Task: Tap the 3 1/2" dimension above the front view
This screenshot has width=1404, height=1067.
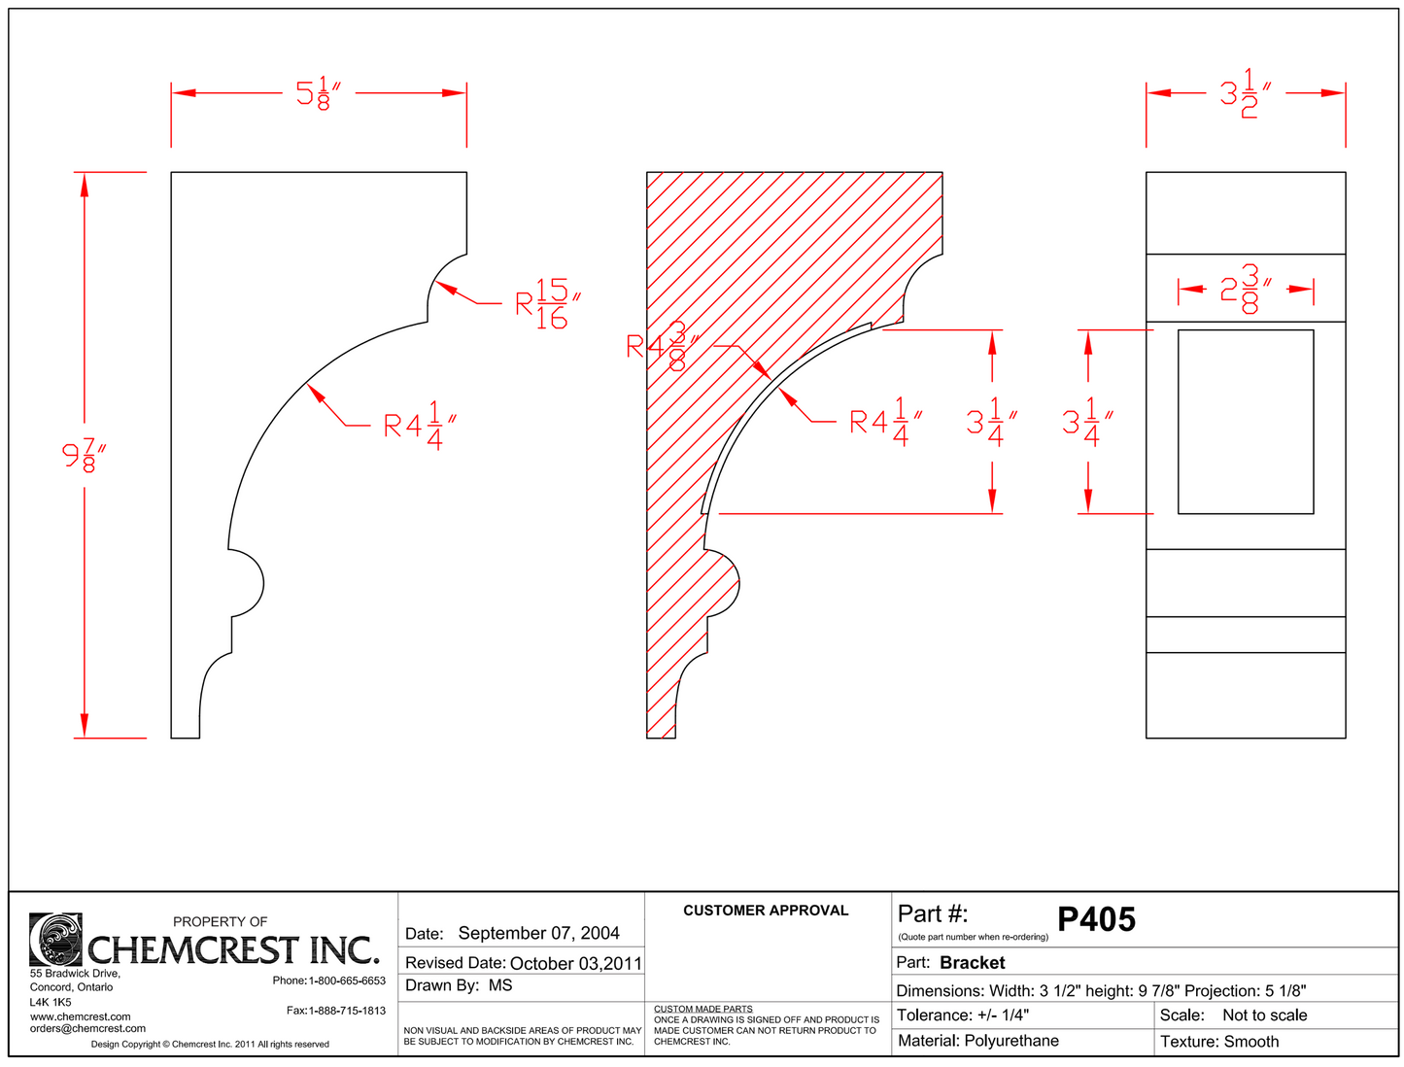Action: (x=1245, y=93)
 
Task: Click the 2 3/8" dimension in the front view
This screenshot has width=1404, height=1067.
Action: (x=1246, y=290)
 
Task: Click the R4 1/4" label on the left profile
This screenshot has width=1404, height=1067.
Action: (x=419, y=426)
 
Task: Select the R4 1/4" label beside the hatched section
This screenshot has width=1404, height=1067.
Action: (x=884, y=422)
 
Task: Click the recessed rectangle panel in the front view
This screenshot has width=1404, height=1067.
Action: (x=1246, y=422)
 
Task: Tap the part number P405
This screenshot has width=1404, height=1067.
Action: (x=1096, y=919)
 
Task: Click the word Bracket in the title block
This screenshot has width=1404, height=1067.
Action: (x=973, y=963)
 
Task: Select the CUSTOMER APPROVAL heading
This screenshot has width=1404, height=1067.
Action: (x=766, y=911)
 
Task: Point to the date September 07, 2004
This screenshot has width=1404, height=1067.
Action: (x=538, y=934)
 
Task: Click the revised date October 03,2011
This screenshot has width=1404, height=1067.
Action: (x=575, y=964)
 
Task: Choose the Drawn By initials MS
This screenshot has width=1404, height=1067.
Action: (x=500, y=985)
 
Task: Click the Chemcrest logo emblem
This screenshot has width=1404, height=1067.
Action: (x=55, y=939)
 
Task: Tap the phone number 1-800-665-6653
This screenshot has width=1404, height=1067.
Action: (x=347, y=981)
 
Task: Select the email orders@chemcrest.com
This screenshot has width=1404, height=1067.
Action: (x=87, y=1028)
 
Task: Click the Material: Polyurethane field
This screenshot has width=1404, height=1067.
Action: (x=978, y=1041)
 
